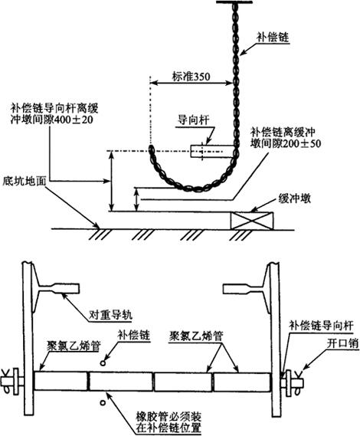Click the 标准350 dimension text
pos(191,77)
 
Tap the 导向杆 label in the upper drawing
pos(194,120)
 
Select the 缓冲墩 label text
pos(294,198)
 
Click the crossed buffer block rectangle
pos(252,221)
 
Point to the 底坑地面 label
pos(24,182)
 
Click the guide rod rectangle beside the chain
pos(212,151)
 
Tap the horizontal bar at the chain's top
pos(234,2)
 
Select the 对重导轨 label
pos(110,315)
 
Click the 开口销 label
pos(342,344)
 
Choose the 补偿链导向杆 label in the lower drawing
pos(321,326)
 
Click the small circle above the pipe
pos(103,363)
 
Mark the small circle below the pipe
pos(103,402)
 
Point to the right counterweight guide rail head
pos(243,289)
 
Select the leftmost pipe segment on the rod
pos(61,382)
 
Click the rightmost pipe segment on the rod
pos(242,382)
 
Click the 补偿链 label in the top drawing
pos(273,38)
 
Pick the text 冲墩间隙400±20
pos(52,120)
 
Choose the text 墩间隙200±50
pos(286,143)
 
